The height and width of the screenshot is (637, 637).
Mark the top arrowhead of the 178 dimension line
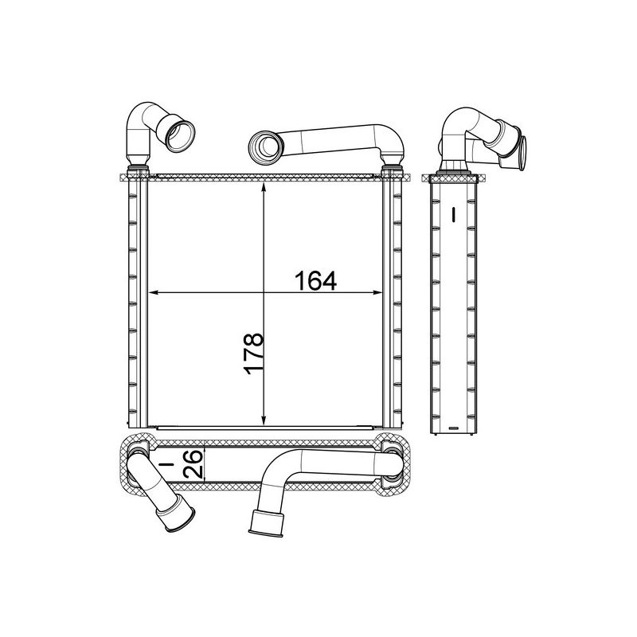coord(264,186)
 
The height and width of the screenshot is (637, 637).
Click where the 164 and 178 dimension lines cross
coord(264,293)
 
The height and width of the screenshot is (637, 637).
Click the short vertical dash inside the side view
coord(452,214)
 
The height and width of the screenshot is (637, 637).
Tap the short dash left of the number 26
coord(168,463)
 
